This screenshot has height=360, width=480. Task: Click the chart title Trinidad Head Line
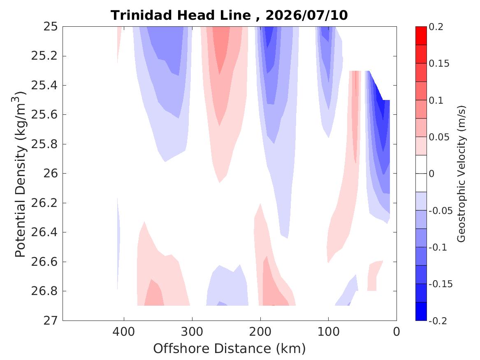[181, 15]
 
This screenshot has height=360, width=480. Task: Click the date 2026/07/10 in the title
[307, 15]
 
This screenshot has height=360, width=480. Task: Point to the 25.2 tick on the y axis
[44, 56]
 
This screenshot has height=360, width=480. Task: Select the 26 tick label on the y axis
[50, 173]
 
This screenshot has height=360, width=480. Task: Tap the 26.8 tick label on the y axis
[44, 291]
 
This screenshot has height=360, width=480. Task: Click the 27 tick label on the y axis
[50, 321]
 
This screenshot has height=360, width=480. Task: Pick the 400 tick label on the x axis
[124, 332]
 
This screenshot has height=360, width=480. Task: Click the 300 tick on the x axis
[192, 332]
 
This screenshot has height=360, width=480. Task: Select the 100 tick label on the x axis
[328, 332]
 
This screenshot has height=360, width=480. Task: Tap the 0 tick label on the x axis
[397, 332]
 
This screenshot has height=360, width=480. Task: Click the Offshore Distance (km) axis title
[229, 348]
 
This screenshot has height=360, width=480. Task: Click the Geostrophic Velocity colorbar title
[461, 174]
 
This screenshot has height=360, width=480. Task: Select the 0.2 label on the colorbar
[436, 27]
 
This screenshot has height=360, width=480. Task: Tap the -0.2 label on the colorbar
[438, 321]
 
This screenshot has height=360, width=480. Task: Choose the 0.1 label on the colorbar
[436, 100]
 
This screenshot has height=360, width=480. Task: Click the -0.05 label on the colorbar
[441, 211]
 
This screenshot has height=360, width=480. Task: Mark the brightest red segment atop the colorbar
[421, 36]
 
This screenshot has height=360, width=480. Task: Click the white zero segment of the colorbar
[421, 174]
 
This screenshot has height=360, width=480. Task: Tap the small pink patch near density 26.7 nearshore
[373, 276]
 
